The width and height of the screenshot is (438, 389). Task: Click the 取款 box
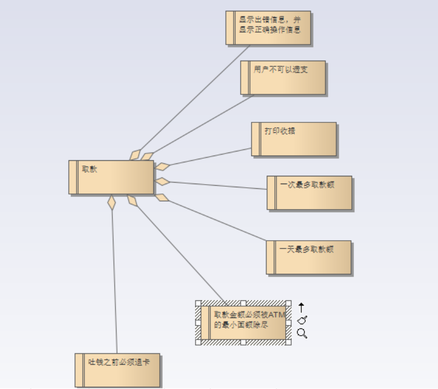point(111,177)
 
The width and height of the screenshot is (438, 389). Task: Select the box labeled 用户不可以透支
point(283,78)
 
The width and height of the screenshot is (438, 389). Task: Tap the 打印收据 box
point(294,139)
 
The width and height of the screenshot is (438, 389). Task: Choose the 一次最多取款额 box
point(309,193)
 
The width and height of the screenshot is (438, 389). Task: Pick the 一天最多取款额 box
point(309,257)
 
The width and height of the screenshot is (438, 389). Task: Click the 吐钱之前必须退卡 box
point(118,370)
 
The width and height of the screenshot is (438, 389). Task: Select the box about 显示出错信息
point(269,27)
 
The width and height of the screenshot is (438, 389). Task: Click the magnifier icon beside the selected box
point(302,333)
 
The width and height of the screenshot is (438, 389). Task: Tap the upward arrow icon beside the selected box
point(302,308)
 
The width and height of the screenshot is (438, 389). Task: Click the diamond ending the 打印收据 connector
point(163,167)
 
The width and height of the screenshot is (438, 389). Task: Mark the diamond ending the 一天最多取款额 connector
point(162,197)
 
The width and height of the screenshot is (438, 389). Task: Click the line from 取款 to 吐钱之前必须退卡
point(115,280)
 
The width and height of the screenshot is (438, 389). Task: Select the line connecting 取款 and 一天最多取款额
point(218,220)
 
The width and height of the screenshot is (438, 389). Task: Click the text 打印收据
point(280,131)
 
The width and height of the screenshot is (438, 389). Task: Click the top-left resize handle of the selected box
point(198,303)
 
